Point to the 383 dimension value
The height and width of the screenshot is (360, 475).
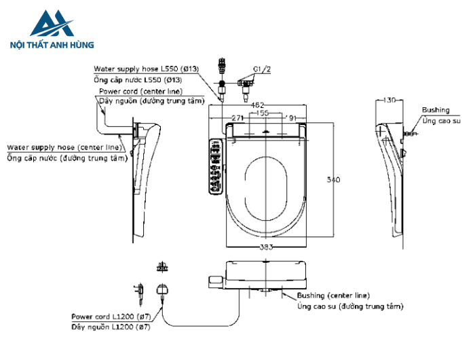coord(265,247)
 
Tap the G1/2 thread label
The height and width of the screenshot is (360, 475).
coord(261,69)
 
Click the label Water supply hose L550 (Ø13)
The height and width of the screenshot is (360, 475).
coord(146,69)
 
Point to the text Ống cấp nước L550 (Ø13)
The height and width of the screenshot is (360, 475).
coord(142,80)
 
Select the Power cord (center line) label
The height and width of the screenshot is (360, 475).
coord(140,91)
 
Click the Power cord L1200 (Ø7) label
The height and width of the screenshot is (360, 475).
coord(111,316)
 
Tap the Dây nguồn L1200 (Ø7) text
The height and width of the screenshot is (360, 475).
coord(111,327)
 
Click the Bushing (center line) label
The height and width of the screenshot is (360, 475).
coord(333,295)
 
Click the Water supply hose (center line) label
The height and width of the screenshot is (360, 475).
coord(65,147)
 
